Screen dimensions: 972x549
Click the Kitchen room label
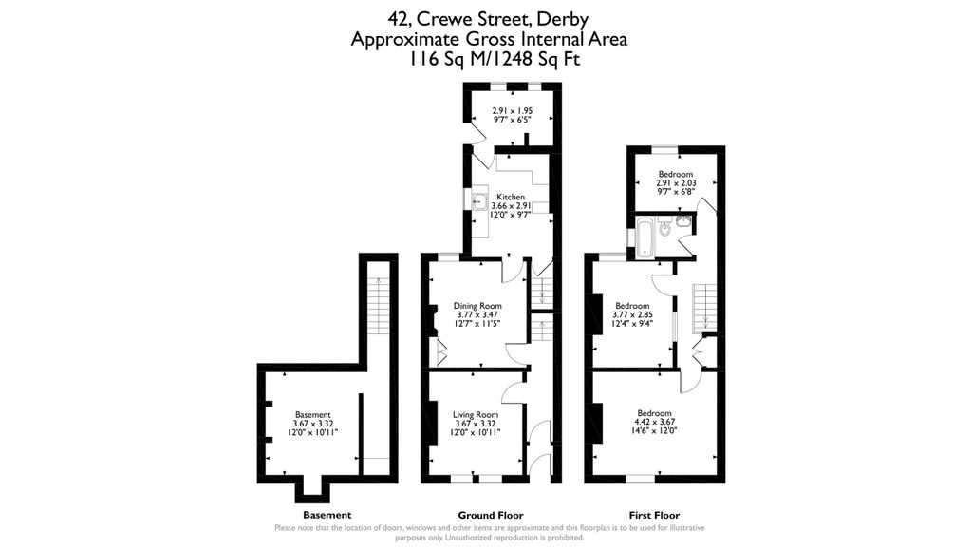(510, 197)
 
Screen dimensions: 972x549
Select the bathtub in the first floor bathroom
(645, 236)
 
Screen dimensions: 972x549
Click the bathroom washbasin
(685, 219)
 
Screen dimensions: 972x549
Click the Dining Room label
(477, 306)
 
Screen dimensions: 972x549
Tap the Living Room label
(475, 415)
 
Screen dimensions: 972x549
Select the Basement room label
(312, 415)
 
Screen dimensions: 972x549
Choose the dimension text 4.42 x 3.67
(654, 422)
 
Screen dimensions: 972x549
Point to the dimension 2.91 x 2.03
(676, 183)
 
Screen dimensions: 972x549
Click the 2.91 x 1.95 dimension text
(512, 111)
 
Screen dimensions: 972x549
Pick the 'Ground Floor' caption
(491, 515)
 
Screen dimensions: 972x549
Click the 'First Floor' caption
(654, 515)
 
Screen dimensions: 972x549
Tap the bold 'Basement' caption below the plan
(327, 515)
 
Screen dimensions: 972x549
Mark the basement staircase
(377, 305)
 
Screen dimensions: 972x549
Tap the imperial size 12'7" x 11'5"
(477, 323)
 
